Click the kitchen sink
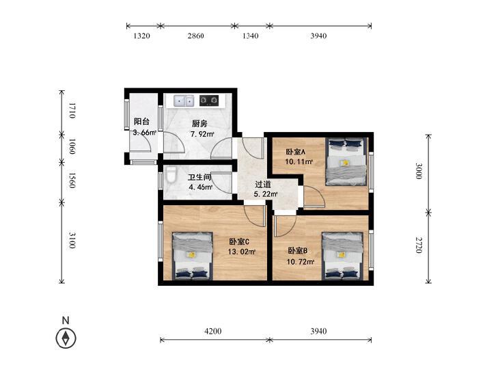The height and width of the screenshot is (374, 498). [184, 101]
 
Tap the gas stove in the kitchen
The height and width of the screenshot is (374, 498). [209, 101]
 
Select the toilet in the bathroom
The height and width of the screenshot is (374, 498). [171, 175]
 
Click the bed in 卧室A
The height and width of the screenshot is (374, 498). [346, 161]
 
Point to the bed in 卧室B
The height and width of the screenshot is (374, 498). [342, 256]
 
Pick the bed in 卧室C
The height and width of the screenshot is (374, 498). [193, 256]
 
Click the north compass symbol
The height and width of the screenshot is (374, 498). [66, 338]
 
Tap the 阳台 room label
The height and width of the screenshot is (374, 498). [141, 122]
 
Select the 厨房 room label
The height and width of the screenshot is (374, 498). [199, 123]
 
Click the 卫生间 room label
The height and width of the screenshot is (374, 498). [199, 177]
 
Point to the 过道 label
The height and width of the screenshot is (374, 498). [263, 185]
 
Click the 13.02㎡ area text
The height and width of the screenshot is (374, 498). [242, 252]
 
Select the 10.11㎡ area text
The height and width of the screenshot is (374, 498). [299, 162]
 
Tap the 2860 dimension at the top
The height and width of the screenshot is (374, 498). [195, 36]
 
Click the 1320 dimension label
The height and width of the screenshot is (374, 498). [141, 36]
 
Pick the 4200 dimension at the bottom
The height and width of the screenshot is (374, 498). [212, 332]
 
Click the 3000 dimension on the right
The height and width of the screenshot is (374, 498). [419, 171]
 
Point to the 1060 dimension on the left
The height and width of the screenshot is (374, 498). [72, 146]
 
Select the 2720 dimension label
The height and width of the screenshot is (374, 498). [419, 245]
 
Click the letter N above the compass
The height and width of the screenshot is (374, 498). [66, 320]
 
